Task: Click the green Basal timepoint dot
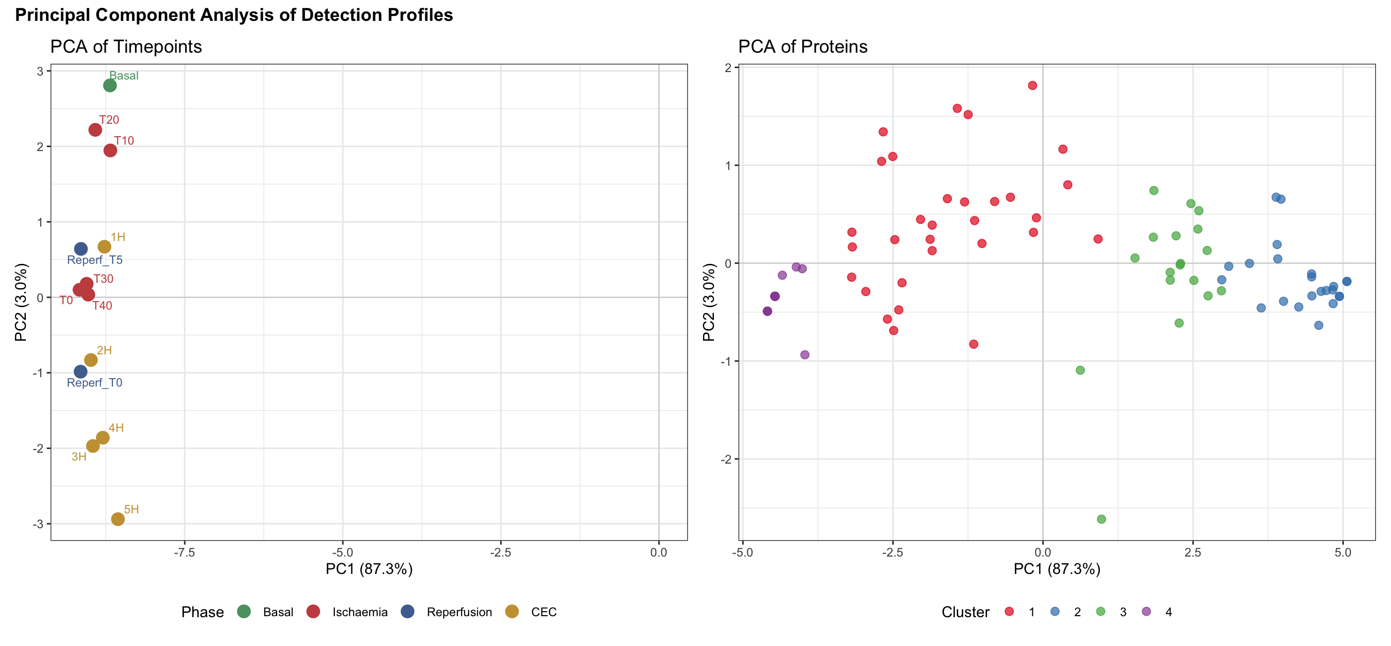[110, 85]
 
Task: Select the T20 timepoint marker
[95, 130]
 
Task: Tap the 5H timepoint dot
[118, 519]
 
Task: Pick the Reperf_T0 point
[80, 372]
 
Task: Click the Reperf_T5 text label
[94, 260]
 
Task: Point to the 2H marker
[91, 360]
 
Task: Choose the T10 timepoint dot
[110, 150]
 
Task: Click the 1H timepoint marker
[104, 247]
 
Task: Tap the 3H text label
[79, 457]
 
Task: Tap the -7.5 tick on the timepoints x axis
[185, 553]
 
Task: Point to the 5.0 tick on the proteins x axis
[1343, 553]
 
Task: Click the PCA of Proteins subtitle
[802, 47]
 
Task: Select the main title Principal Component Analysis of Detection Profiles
[234, 15]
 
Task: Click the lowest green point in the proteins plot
[1101, 519]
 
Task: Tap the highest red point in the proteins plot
[1032, 85]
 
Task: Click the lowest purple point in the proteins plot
[805, 355]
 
